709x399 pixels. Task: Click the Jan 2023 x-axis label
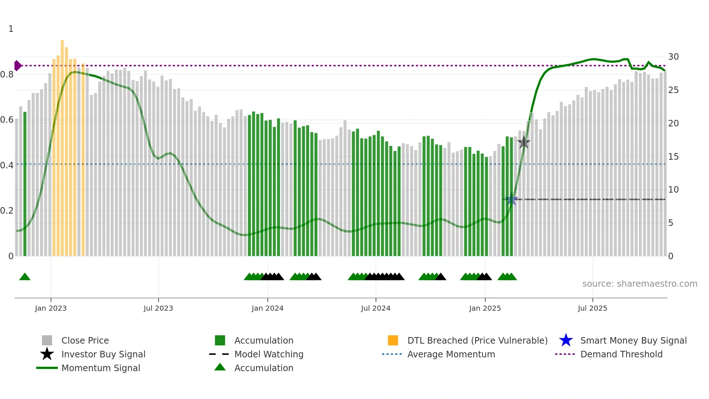click(51, 308)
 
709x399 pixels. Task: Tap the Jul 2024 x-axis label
click(375, 308)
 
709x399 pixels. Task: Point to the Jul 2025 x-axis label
click(592, 308)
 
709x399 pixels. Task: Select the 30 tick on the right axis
click(673, 57)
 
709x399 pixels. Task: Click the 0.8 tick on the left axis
click(7, 75)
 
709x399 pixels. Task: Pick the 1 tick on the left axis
click(11, 29)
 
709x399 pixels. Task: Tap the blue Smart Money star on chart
click(511, 199)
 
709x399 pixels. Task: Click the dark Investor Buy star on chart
click(523, 142)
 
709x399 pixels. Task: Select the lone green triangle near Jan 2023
click(25, 277)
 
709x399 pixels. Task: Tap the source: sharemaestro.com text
click(640, 283)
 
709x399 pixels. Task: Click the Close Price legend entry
click(85, 340)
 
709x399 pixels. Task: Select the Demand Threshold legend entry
click(621, 354)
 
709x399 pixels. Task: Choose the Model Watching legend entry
click(268, 354)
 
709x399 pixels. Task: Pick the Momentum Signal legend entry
click(101, 368)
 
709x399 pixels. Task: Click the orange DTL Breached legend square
click(393, 340)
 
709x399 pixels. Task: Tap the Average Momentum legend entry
click(451, 354)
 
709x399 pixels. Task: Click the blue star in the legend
click(566, 340)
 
